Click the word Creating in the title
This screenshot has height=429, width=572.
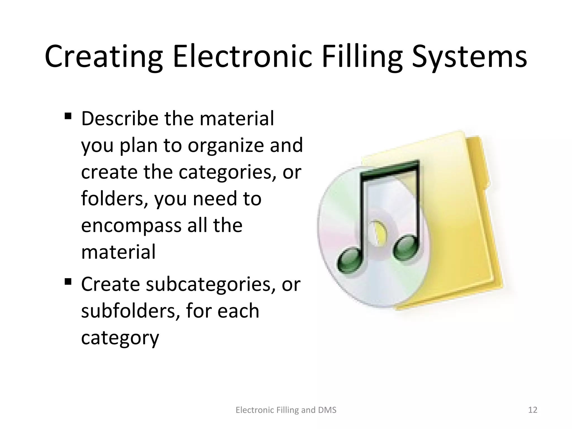coord(104,58)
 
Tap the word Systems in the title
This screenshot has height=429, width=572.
coord(469,58)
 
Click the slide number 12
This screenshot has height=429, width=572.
coord(533,410)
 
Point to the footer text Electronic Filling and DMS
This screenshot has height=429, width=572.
coord(286,410)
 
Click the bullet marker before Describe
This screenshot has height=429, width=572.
coord(68,116)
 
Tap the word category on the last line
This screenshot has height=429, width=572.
coord(120,338)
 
